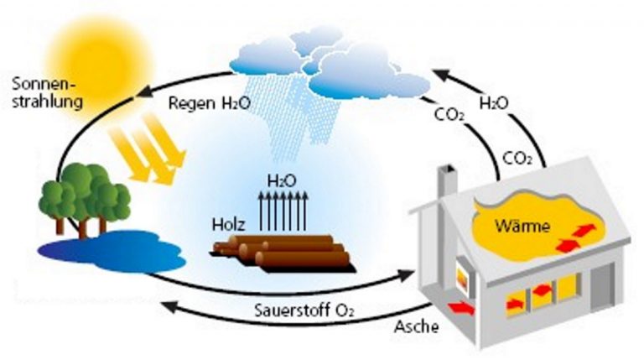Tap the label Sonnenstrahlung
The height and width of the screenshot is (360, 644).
click(46, 94)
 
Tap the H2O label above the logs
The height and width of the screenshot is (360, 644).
click(282, 180)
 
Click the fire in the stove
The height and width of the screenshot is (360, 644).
click(462, 277)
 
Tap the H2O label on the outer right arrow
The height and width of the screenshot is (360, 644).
click(494, 104)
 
